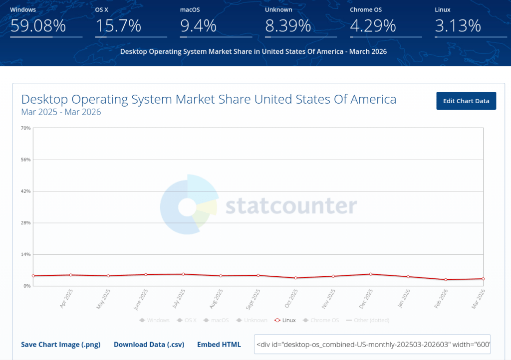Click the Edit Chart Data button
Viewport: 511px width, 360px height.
pos(466,101)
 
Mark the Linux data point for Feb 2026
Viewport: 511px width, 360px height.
pos(446,280)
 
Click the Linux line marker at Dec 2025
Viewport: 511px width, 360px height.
pos(371,274)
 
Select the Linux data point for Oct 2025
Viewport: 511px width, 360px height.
pos(296,278)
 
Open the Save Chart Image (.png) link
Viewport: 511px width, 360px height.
pos(60,345)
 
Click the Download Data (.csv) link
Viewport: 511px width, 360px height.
pos(149,345)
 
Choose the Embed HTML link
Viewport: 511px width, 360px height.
pos(219,345)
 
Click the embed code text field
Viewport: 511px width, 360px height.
pos(372,344)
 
